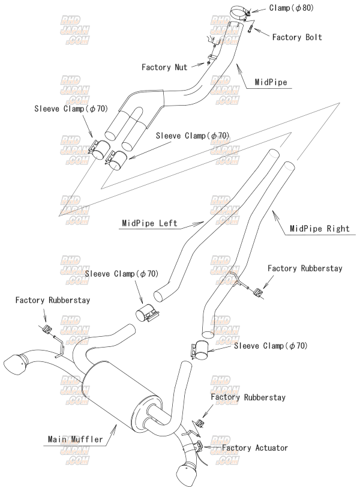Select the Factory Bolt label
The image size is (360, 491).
coord(297,37)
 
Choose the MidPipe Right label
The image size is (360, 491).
coord(316,229)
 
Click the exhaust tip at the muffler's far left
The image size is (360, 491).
coord(17,364)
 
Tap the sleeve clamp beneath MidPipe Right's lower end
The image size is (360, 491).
coord(199,351)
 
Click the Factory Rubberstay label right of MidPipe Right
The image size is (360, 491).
coord(305,268)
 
